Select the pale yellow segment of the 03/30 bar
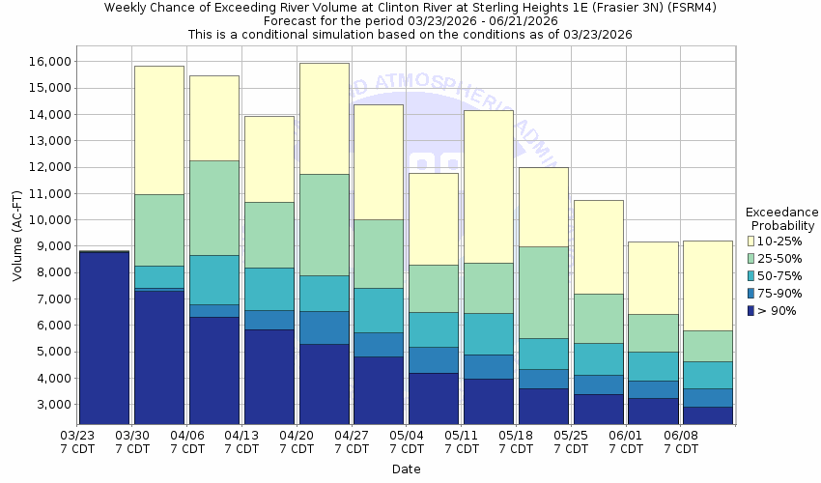click(158, 129)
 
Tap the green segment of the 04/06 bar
click(213, 208)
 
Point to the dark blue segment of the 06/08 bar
click(707, 415)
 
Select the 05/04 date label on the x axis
click(407, 441)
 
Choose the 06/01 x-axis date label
click(626, 441)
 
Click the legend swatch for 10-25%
click(752, 241)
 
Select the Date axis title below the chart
click(406, 469)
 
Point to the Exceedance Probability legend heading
click(782, 218)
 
